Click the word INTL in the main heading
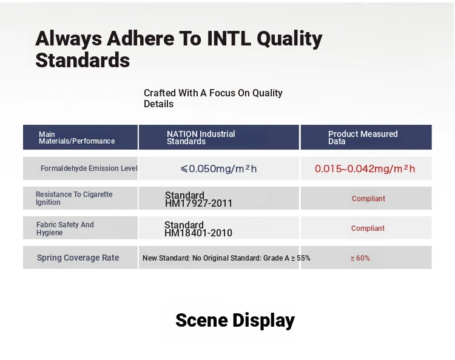pos(229,39)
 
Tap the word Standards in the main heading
pos(83,60)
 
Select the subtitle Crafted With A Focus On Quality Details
pos(213,98)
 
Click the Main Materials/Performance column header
pos(77,138)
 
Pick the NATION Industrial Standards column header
pos(201,138)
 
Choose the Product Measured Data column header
pos(363,138)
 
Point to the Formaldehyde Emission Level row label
pos(89,168)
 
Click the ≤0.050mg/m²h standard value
pos(218,168)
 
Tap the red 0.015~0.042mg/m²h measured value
pos(365,168)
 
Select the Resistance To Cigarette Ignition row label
pos(74,198)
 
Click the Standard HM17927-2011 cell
pos(198,199)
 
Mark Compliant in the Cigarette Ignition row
pos(368,199)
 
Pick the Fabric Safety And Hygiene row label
pos(65,228)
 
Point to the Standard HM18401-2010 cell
pos(198,228)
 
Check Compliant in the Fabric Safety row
pos(368,228)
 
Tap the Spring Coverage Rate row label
pos(78,258)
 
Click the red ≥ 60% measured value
pos(360,258)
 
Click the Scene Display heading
pos(235,321)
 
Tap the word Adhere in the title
pos(141,39)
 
